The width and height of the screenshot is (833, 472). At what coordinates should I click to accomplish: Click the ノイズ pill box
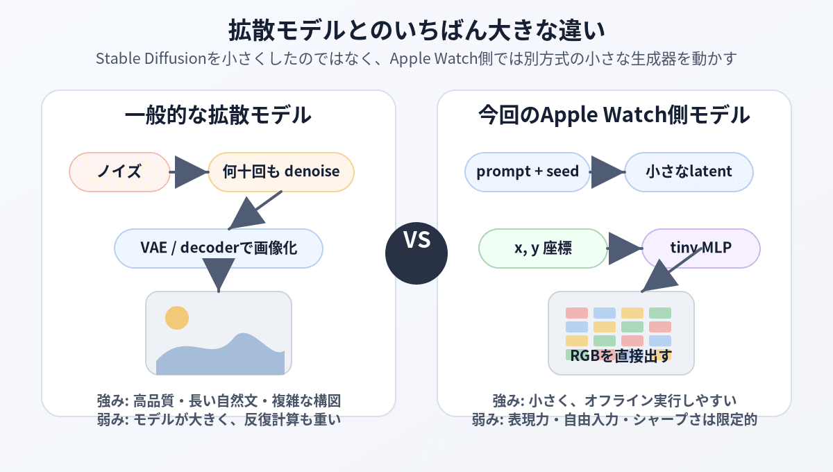(x=119, y=172)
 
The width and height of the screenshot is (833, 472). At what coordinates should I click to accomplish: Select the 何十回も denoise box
(x=280, y=172)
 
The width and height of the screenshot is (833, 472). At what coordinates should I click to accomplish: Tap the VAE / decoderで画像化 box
(x=219, y=248)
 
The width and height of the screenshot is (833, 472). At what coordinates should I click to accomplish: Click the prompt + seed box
(x=528, y=172)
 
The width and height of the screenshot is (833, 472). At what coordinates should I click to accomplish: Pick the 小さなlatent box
(x=689, y=172)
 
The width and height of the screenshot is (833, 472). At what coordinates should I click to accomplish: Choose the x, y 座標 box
(x=543, y=248)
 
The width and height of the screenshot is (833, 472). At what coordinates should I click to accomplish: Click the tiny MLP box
(x=701, y=248)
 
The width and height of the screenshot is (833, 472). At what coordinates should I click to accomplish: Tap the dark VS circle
(x=416, y=253)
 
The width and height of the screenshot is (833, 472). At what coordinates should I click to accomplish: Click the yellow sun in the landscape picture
(x=177, y=318)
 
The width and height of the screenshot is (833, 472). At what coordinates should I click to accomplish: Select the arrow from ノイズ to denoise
(x=189, y=172)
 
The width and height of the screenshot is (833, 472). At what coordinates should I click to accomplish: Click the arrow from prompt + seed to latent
(x=607, y=172)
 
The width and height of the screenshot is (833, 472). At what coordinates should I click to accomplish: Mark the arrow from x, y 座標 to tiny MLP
(x=625, y=248)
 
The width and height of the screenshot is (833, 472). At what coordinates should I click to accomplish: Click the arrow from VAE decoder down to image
(x=219, y=276)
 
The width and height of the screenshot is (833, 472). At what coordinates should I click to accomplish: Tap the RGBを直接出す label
(x=621, y=355)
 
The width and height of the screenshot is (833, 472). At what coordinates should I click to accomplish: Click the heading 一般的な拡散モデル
(x=218, y=115)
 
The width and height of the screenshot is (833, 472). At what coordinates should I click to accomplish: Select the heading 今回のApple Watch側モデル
(x=614, y=115)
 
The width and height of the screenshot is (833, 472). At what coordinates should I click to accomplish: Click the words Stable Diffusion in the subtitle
(x=151, y=58)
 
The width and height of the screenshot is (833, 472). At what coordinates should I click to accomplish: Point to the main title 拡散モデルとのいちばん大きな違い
(x=416, y=30)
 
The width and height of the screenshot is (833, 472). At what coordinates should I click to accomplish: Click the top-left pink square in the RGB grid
(x=577, y=313)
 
